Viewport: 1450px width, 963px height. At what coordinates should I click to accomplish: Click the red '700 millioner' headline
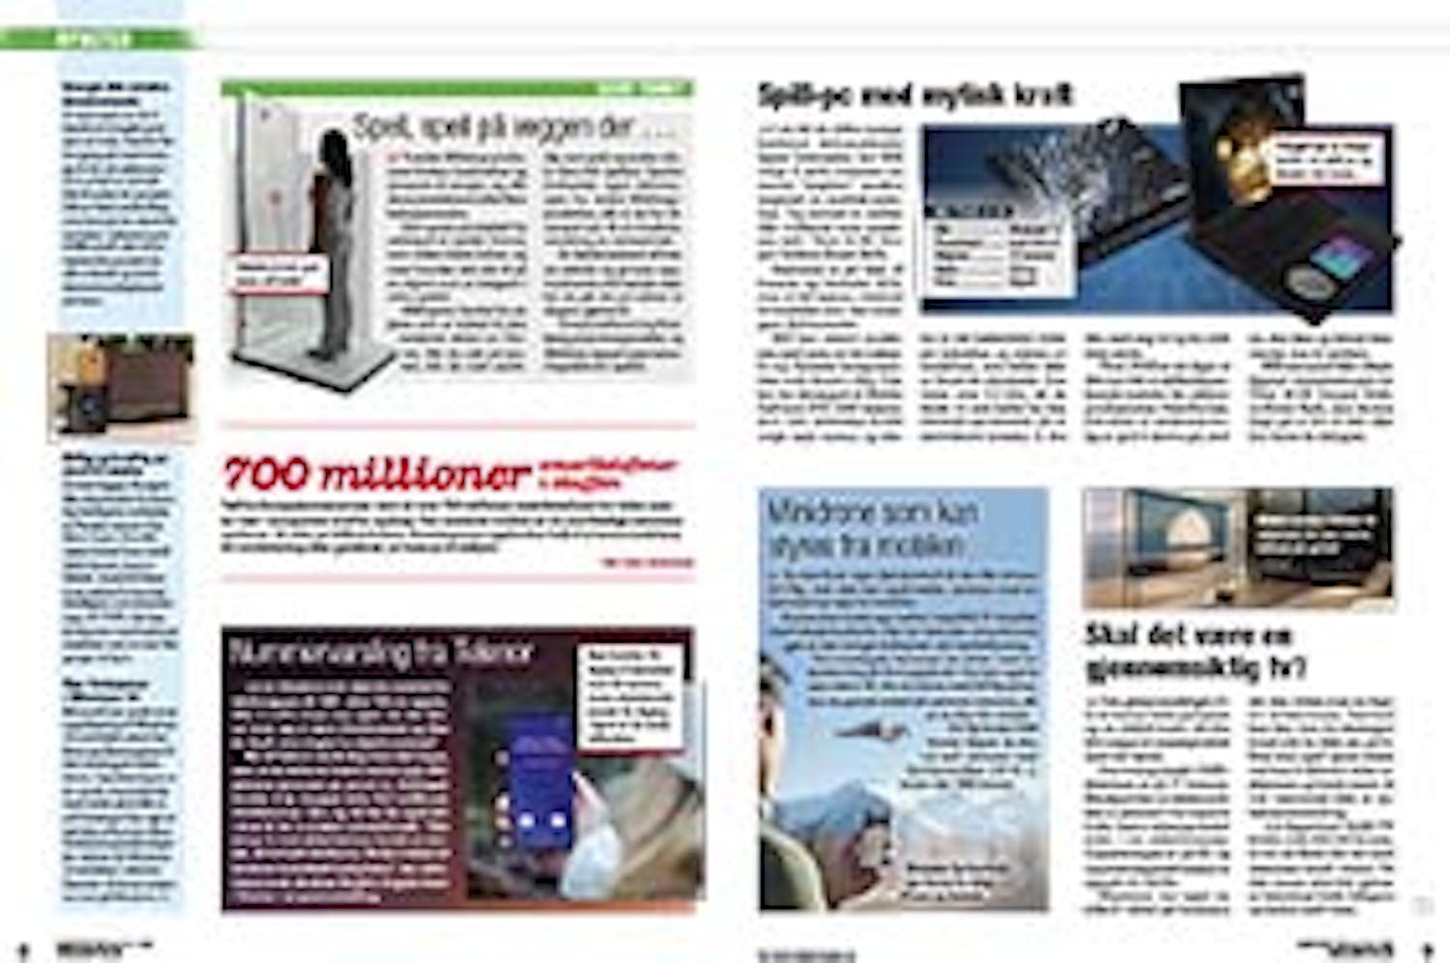[x=377, y=474]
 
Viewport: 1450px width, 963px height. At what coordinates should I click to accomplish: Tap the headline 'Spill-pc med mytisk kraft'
[x=914, y=95]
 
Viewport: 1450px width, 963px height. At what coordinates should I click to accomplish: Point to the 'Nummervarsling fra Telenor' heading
[x=381, y=653]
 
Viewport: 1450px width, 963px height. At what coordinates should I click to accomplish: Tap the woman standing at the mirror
[x=332, y=242]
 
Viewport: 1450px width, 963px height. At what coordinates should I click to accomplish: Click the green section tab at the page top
[x=101, y=40]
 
